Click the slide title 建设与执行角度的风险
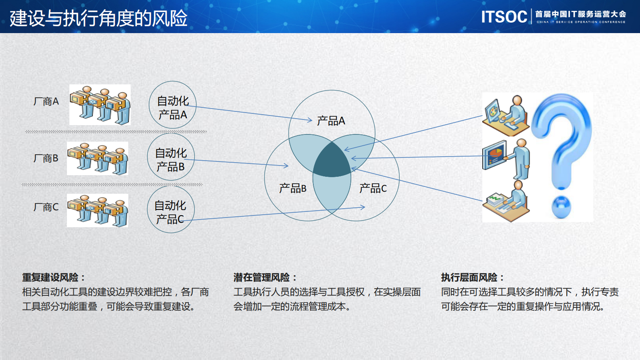[x=98, y=18]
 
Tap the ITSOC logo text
[x=504, y=17]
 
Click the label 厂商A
[x=46, y=101]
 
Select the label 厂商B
[x=46, y=158]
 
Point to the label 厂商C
[x=46, y=207]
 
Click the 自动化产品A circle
[x=173, y=105]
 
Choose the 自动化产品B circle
[x=171, y=157]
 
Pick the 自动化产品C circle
[x=171, y=210]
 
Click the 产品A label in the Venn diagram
[x=331, y=121]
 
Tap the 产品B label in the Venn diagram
[x=292, y=188]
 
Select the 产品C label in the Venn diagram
[x=373, y=188]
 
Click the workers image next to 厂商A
[x=100, y=105]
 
